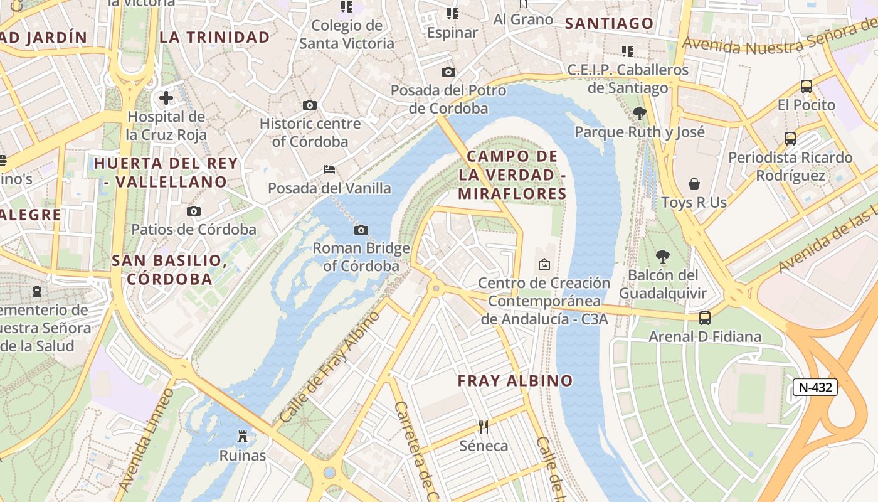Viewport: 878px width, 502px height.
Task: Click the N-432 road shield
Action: click(x=815, y=387)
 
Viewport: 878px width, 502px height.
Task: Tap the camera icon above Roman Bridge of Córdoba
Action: click(x=361, y=230)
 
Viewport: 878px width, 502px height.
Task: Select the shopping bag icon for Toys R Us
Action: click(x=694, y=184)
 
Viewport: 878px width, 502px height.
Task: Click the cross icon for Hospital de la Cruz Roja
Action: click(x=166, y=98)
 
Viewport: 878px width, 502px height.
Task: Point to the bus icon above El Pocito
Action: click(x=807, y=87)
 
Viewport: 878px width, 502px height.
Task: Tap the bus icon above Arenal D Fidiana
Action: click(x=705, y=318)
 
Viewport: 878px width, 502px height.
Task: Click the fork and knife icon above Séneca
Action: click(x=484, y=427)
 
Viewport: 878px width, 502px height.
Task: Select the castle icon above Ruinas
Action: click(x=243, y=437)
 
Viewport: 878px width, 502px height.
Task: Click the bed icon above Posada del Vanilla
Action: click(x=329, y=169)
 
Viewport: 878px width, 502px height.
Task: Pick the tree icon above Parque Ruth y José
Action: click(x=640, y=114)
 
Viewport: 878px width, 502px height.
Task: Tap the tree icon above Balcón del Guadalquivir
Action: click(x=662, y=257)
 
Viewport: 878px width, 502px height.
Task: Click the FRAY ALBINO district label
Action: click(x=515, y=381)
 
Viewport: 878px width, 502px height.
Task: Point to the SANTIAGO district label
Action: click(x=609, y=24)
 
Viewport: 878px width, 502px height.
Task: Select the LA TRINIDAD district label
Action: click(x=214, y=37)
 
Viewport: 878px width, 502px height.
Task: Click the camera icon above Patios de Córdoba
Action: click(x=194, y=211)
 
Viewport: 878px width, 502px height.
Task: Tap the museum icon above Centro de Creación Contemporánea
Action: click(x=544, y=264)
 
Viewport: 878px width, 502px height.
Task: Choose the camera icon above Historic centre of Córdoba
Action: click(x=310, y=105)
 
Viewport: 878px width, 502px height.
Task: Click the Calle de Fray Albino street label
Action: click(x=329, y=366)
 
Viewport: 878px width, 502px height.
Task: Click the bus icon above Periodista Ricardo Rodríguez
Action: click(x=790, y=139)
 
